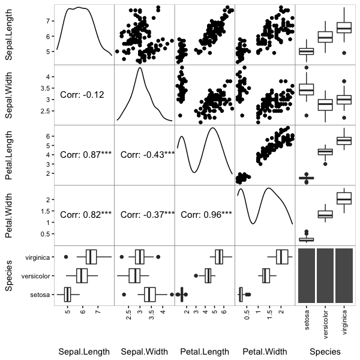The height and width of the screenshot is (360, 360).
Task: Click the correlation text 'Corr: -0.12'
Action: [82, 94]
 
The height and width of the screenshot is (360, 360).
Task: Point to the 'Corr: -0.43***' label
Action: [147, 154]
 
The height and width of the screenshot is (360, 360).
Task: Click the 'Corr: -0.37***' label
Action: [147, 214]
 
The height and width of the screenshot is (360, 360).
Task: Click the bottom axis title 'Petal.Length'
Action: [205, 351]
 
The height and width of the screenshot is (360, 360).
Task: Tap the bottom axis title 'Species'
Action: [325, 351]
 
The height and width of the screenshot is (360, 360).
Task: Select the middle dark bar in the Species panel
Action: [325, 275]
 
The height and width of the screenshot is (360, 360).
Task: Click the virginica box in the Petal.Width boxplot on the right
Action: [344, 198]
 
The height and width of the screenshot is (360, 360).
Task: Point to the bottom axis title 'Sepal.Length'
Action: [82, 351]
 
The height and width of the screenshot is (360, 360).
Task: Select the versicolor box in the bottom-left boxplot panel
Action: [82, 276]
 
